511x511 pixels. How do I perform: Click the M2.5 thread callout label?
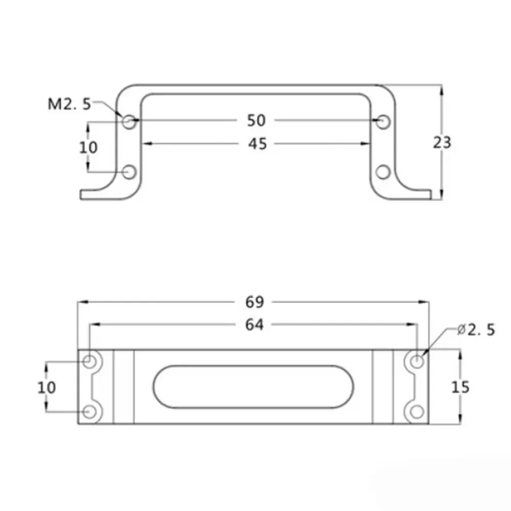[x=69, y=104]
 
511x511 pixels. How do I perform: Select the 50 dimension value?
[x=257, y=121]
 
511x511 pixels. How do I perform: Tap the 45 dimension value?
[x=258, y=144]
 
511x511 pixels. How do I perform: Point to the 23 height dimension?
[x=442, y=143]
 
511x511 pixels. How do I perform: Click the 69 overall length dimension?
[x=254, y=302]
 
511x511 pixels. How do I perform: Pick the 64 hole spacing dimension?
[x=254, y=324]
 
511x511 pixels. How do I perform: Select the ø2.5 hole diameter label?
[x=476, y=330]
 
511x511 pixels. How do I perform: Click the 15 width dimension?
[x=460, y=387]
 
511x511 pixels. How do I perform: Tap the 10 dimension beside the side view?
[x=88, y=147]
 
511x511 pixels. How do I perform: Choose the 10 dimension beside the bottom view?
[x=47, y=387]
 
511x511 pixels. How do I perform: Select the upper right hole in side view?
[x=382, y=122]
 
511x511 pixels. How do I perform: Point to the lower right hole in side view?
[x=382, y=172]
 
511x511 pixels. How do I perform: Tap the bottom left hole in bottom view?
[x=91, y=411]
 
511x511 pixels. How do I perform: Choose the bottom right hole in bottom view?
[x=417, y=411]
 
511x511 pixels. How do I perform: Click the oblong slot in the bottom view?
[x=254, y=387]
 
